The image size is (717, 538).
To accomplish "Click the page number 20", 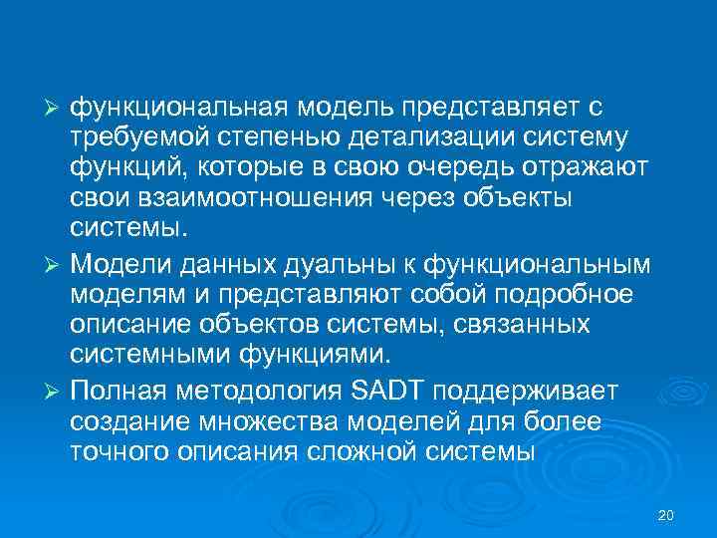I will click(x=667, y=514).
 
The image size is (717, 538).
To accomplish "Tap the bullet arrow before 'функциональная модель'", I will click(x=56, y=106).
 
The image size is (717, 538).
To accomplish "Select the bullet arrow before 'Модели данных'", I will click(x=56, y=264).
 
